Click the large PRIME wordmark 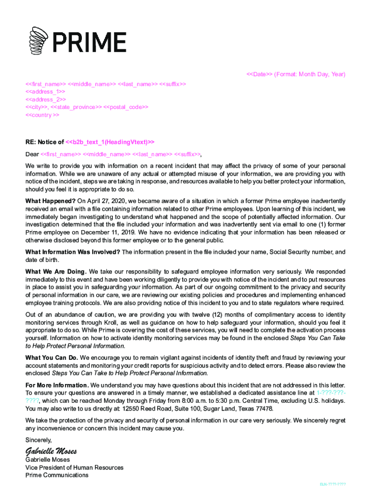[x=89, y=42]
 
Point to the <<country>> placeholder [x=42, y=115]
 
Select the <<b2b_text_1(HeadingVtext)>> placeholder [x=110, y=142]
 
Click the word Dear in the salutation [x=32, y=154]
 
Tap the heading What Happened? [x=50, y=201]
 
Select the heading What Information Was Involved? [x=73, y=252]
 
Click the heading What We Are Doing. [x=56, y=272]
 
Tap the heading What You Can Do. [x=52, y=358]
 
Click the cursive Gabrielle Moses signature [x=51, y=451]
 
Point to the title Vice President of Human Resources [x=74, y=467]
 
